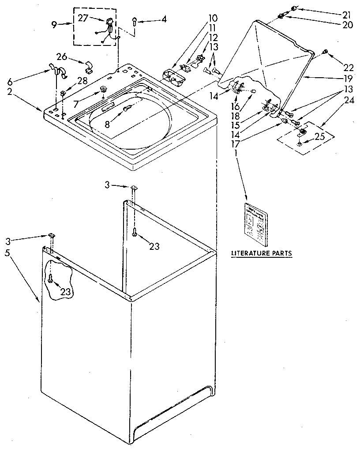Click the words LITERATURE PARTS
[x=262, y=253]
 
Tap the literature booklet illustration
[x=256, y=224]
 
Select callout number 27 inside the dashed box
[x=83, y=18]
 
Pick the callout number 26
[x=61, y=56]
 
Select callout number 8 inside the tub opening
[x=107, y=124]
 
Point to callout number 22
[x=349, y=67]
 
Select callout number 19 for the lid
[x=348, y=79]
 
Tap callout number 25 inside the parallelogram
[x=319, y=136]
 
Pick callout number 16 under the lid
[x=236, y=107]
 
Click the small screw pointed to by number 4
[x=135, y=20]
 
